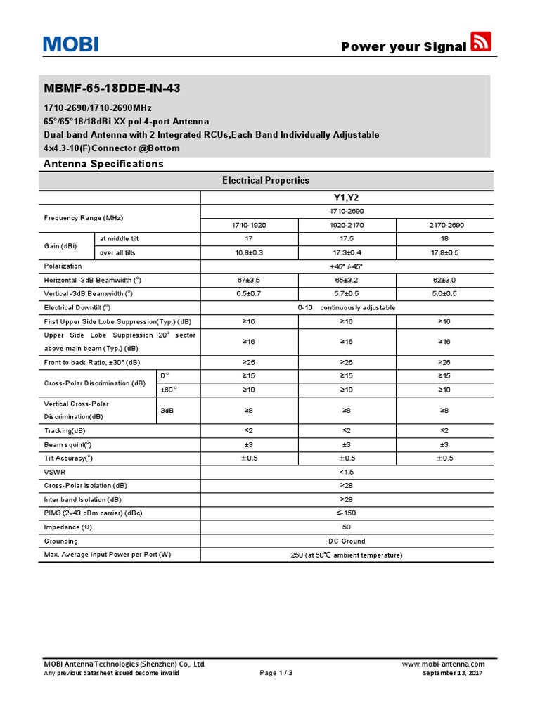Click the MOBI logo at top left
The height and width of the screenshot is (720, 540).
[70, 45]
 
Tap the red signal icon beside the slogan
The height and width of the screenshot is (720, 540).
[481, 41]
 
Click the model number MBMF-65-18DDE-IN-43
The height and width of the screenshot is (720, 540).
[116, 89]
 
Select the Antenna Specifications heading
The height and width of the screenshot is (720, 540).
[103, 164]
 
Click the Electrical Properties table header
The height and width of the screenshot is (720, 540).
[266, 180]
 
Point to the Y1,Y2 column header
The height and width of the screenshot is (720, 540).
[347, 198]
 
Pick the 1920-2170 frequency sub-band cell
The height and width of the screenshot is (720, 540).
[347, 225]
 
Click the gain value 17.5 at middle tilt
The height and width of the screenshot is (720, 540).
[347, 239]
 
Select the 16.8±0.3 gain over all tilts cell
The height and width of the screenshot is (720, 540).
[249, 252]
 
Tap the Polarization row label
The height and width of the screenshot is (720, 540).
[63, 266]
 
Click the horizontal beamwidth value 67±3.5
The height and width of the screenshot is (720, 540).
[249, 280]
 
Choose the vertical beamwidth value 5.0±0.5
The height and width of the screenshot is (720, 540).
[444, 293]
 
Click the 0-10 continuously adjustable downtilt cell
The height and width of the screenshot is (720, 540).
[347, 307]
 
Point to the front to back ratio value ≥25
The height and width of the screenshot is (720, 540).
[249, 362]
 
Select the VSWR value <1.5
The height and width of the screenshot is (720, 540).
[347, 472]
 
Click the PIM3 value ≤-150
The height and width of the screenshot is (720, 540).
[347, 513]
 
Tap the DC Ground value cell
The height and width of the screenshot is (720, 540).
[347, 541]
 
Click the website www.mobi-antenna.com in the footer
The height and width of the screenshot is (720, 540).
[443, 664]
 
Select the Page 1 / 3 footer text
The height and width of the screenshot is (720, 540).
[276, 673]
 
